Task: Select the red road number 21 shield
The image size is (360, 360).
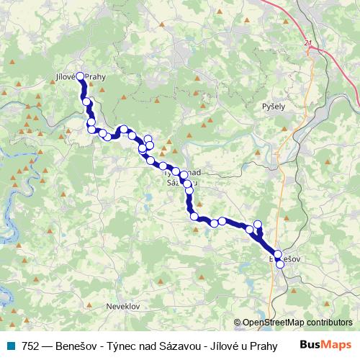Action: tap(309, 44)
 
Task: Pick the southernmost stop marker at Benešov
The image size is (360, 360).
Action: tap(280, 264)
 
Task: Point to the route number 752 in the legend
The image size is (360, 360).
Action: tap(30, 344)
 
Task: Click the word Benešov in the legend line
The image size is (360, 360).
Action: tap(79, 344)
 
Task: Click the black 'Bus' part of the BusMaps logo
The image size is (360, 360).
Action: tap(310, 344)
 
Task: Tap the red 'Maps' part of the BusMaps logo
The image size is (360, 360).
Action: tap(338, 344)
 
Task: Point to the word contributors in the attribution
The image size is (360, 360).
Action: tap(331, 323)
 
